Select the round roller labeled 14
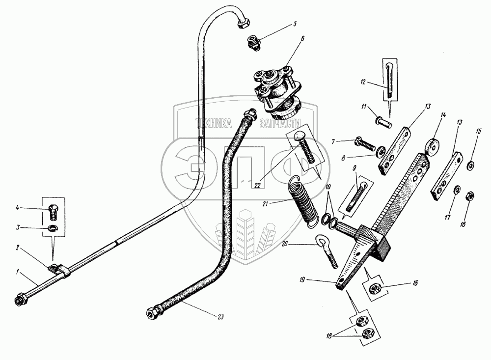[433, 146]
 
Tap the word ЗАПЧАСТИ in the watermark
[279, 125]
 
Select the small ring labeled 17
[457, 190]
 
